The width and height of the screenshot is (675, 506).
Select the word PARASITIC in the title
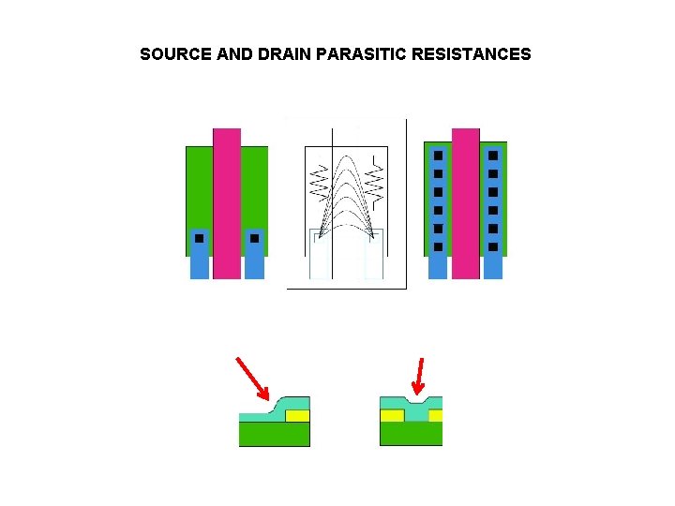click(x=362, y=54)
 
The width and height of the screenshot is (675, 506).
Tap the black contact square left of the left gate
click(x=199, y=238)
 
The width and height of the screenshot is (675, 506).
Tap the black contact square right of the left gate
click(x=254, y=238)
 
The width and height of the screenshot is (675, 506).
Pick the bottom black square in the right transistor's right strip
click(x=493, y=247)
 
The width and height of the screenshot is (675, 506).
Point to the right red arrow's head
click(x=417, y=391)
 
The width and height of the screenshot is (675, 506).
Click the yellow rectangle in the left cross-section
click(x=297, y=415)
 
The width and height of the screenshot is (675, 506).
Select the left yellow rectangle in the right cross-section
click(x=392, y=415)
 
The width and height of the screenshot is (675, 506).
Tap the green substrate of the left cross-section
click(x=274, y=434)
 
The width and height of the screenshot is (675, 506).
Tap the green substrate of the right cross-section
click(x=411, y=434)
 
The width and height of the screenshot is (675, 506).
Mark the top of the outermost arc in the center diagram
click(x=347, y=156)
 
